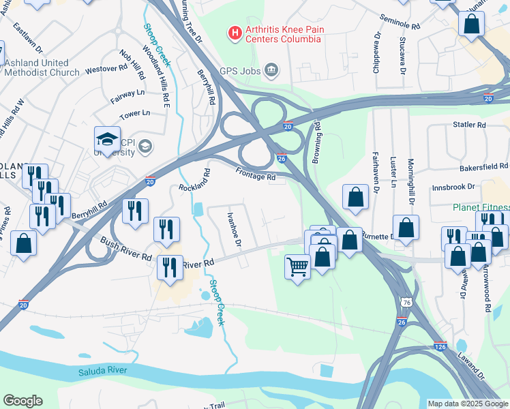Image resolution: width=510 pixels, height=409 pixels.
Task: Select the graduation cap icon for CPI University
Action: [x=107, y=140]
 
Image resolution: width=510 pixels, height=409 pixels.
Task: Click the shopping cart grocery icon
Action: [x=297, y=267]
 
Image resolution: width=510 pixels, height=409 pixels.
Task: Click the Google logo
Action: [x=22, y=401]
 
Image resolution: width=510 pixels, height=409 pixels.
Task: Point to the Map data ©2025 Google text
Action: [x=467, y=404]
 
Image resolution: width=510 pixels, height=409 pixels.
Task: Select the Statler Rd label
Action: [x=469, y=125]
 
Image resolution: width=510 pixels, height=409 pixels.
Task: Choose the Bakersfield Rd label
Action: [x=483, y=166]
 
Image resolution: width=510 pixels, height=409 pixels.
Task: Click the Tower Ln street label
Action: [x=134, y=113]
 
